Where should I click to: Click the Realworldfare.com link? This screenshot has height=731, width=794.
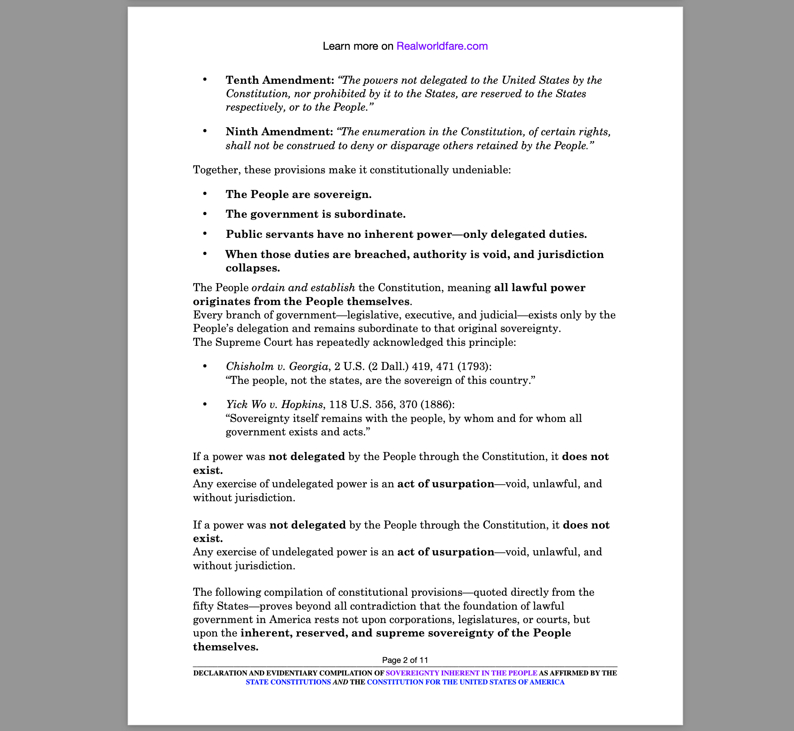pyautogui.click(x=442, y=46)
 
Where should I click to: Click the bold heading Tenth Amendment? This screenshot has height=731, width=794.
pyautogui.click(x=280, y=80)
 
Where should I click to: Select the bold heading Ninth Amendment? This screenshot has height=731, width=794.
pyautogui.click(x=279, y=132)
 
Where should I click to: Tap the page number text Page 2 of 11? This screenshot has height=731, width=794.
pyautogui.click(x=405, y=660)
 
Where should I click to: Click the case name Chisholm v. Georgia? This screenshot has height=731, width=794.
pyautogui.click(x=277, y=366)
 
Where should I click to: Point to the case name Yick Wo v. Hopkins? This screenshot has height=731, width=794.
pyautogui.click(x=274, y=404)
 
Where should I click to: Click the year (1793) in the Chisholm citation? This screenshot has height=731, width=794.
pyautogui.click(x=474, y=366)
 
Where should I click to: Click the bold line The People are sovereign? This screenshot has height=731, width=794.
pyautogui.click(x=298, y=194)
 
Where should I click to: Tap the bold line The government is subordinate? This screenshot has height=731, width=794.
pyautogui.click(x=315, y=214)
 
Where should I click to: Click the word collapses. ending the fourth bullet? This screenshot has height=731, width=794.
pyautogui.click(x=253, y=268)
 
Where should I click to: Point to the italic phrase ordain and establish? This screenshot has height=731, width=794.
pyautogui.click(x=303, y=288)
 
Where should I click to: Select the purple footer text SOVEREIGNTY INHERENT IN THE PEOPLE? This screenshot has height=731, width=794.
pyautogui.click(x=461, y=673)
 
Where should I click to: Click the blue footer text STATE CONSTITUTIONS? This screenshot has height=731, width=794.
pyautogui.click(x=288, y=682)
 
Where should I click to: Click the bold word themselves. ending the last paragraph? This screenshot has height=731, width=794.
pyautogui.click(x=226, y=647)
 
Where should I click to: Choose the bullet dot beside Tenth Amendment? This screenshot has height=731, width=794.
pyautogui.click(x=205, y=80)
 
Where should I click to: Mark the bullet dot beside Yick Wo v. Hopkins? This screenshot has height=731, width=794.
pyautogui.click(x=205, y=404)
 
